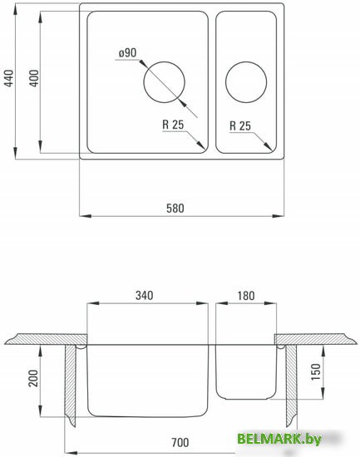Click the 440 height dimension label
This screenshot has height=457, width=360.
point(9,78)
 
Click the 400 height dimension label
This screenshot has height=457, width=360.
point(34,78)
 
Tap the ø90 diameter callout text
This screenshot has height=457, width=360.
point(127,52)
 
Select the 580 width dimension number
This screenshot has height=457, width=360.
point(175,209)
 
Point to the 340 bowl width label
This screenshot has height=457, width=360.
point(145,296)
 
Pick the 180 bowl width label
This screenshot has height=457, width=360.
point(246,296)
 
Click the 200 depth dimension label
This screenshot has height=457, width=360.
point(33,378)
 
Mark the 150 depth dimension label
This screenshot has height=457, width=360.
point(316,371)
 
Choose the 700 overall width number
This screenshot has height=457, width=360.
point(180,442)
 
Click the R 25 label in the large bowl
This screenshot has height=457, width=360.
point(173,125)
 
